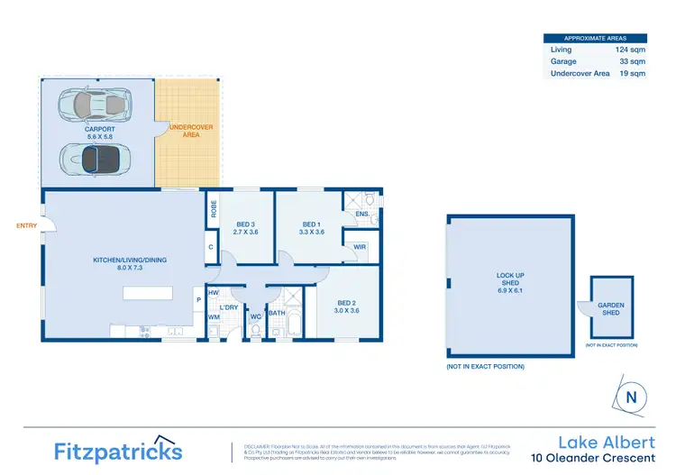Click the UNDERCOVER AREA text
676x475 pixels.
[190, 130]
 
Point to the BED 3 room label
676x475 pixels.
[246, 228]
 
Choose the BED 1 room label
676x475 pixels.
[312, 228]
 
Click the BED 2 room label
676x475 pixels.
[348, 306]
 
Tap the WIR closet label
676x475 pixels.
[359, 246]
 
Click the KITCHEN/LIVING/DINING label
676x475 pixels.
[130, 264]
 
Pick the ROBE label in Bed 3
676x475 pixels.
[214, 209]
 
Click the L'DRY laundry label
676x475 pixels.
[228, 307]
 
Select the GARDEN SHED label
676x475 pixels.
[610, 308]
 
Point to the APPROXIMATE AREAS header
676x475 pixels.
[596, 38]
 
